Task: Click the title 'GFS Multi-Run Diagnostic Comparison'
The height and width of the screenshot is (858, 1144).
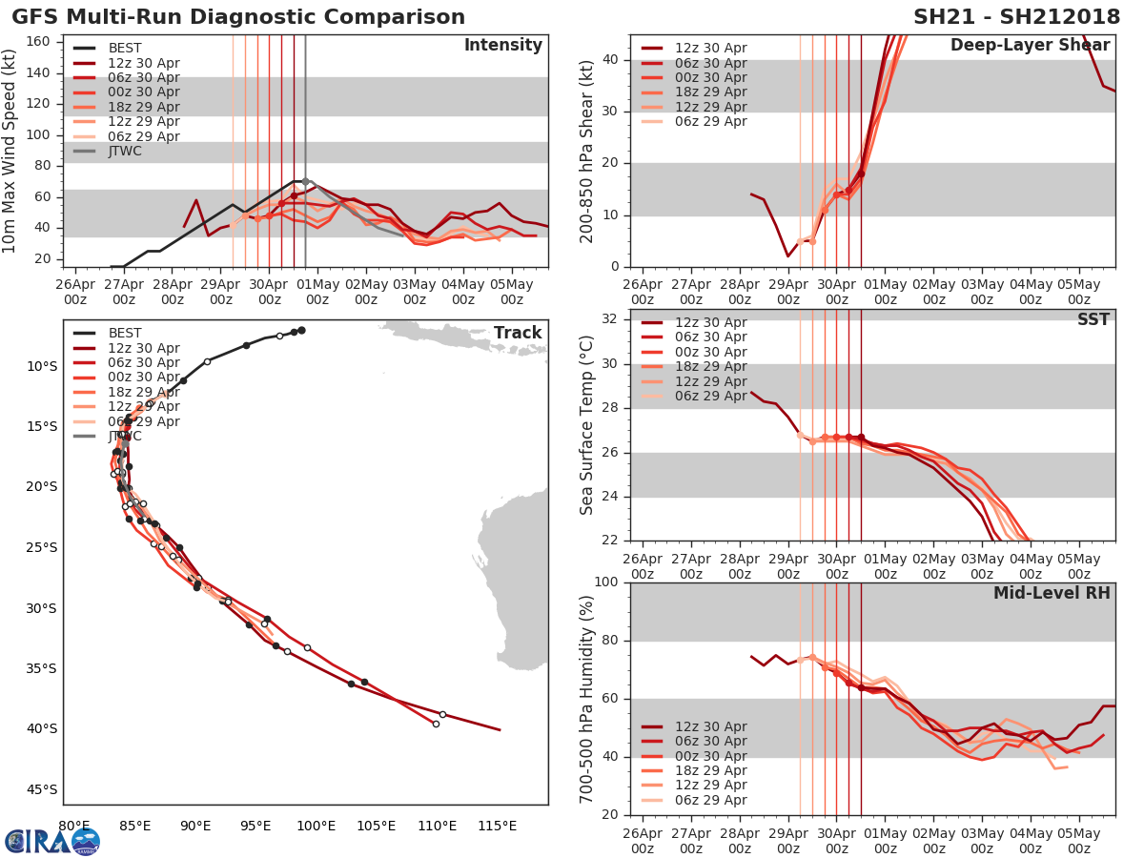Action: [x=238, y=17]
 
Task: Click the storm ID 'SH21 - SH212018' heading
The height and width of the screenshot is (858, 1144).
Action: [x=1017, y=17]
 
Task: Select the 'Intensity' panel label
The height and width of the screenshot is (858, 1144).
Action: [x=502, y=46]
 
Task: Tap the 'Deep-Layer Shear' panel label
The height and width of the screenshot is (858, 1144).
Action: [x=1030, y=46]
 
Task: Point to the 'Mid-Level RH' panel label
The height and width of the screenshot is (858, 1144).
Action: [x=1052, y=593]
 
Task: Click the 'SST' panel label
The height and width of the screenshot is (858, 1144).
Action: [x=1093, y=319]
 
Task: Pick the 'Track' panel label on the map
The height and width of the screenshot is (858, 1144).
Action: [x=517, y=333]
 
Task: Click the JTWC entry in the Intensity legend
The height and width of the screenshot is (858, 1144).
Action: [x=125, y=151]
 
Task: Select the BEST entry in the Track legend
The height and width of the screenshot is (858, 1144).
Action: [x=125, y=333]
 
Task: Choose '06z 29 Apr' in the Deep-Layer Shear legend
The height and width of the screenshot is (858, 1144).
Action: [x=711, y=122]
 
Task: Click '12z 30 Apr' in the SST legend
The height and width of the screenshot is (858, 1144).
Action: [x=711, y=322]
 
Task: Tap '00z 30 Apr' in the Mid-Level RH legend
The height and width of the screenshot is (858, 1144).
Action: [x=711, y=756]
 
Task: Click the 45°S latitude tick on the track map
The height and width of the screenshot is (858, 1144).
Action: [x=45, y=789]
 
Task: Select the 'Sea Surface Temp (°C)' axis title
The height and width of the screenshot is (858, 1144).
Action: [x=587, y=425]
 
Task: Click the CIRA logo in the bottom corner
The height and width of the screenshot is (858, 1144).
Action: [x=52, y=840]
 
